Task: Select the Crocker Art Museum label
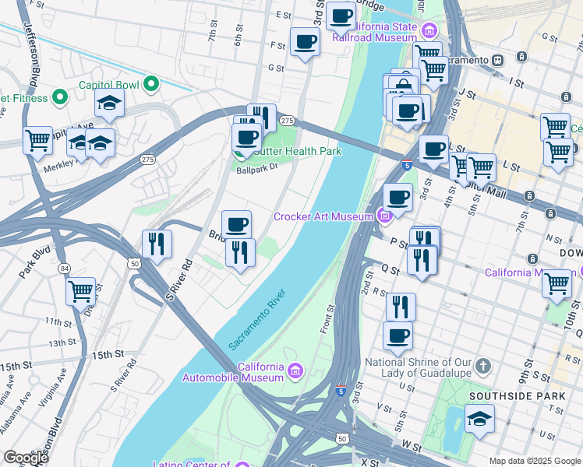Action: (323, 216)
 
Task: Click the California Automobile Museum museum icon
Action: (294, 368)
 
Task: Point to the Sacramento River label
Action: (257, 319)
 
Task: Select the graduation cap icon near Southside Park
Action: (479, 419)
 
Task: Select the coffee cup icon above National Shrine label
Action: (397, 335)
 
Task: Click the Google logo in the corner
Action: (26, 458)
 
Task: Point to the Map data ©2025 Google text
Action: (535, 461)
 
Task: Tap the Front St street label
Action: (328, 319)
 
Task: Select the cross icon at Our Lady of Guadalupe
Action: (483, 366)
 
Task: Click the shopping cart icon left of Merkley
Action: (37, 141)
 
